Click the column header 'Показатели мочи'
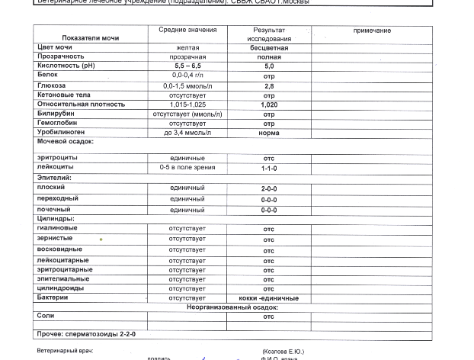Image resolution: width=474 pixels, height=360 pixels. (x=90, y=37)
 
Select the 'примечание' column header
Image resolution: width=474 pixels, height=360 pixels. (x=372, y=31)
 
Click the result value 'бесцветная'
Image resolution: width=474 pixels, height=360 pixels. (x=269, y=47)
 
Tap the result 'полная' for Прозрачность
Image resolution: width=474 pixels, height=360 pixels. (x=269, y=57)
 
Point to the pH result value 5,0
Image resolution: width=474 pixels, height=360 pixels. (x=269, y=66)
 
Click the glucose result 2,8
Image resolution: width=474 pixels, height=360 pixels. (x=269, y=86)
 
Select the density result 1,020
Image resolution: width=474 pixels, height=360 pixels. (x=269, y=105)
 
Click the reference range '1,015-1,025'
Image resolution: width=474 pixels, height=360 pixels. (x=187, y=104)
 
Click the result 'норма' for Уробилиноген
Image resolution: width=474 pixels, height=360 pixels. (x=269, y=133)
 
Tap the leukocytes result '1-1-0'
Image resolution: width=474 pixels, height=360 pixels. (x=269, y=169)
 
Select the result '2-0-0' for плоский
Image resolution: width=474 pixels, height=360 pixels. (x=269, y=188)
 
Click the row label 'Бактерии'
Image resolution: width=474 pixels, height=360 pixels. (x=53, y=297)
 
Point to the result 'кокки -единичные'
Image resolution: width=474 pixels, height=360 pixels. (x=269, y=298)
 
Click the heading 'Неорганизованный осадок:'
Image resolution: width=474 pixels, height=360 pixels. (x=232, y=307)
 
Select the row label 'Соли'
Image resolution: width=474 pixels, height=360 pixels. (x=46, y=316)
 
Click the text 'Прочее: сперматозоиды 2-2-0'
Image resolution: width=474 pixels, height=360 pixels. (x=86, y=334)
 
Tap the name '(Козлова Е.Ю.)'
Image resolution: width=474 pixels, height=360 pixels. (x=283, y=351)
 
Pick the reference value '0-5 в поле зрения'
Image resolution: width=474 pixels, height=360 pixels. (x=187, y=167)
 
